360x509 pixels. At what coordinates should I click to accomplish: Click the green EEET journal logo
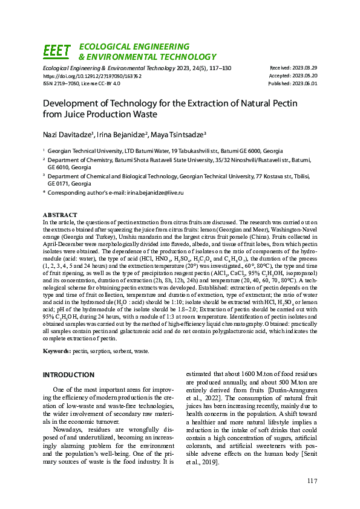pos(57,51)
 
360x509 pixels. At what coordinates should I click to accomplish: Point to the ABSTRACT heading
pos(60,215)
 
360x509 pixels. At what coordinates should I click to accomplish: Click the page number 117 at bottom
pos(312,481)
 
